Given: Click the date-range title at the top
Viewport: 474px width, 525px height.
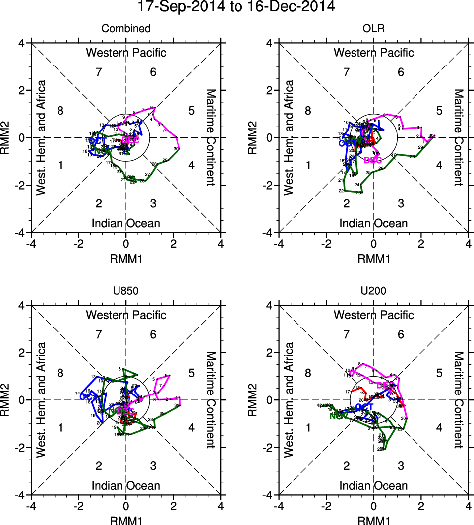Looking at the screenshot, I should coord(237,7).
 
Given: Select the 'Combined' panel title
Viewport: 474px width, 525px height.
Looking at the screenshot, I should coord(126,29).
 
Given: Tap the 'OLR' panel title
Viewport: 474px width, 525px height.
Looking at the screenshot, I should coord(373,29).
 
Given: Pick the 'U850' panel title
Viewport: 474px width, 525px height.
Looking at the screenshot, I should coord(126,291).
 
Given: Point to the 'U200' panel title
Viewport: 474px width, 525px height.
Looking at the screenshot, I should coord(373,291).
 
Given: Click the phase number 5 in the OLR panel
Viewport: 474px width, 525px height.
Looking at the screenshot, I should coord(439,111).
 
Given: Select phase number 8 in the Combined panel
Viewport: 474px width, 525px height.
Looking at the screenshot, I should coord(60,111).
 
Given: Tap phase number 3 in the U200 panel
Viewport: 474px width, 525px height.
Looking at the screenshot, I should coord(401,466).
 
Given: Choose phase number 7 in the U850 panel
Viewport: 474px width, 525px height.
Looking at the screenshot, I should coord(99,335).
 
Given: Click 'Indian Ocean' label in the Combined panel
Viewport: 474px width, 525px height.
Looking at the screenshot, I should coord(126,223).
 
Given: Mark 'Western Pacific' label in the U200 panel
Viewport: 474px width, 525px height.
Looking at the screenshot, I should coord(373,315).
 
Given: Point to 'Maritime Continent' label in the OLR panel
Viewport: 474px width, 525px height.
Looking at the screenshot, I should coord(458,137).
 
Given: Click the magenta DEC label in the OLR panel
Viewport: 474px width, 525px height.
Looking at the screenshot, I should coord(372,160).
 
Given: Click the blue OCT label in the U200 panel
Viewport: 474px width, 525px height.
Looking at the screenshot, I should coord(364,407).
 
